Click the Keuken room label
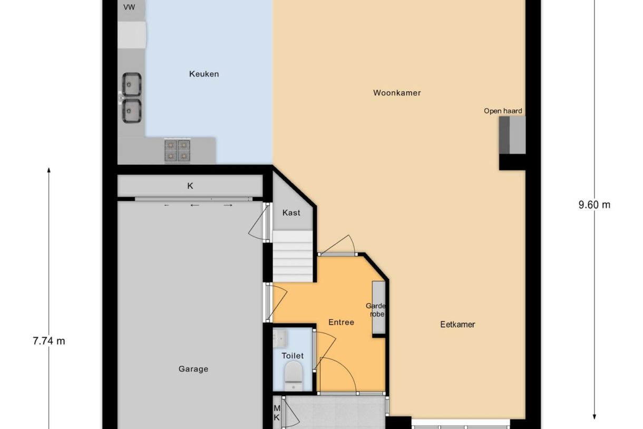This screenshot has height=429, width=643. [204, 74]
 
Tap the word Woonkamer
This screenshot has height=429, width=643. [397, 93]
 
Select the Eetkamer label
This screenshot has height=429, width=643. [457, 325]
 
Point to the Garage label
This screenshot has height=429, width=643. [193, 369]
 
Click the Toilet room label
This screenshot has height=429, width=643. [293, 356]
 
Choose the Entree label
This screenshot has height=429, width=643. [341, 322]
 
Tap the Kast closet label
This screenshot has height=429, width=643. [291, 213]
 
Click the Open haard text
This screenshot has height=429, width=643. [503, 111]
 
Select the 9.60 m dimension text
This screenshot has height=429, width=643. [594, 205]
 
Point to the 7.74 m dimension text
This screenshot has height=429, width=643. [49, 341]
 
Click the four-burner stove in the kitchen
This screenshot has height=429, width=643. [177, 151]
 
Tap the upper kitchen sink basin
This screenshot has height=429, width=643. [132, 84]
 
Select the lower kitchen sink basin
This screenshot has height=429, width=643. [132, 111]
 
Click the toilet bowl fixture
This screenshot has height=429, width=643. [294, 376]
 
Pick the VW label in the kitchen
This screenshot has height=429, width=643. [129, 7]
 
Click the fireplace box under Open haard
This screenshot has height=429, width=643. [512, 135]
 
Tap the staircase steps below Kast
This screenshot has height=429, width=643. [293, 256]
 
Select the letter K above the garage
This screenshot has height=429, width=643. [190, 186]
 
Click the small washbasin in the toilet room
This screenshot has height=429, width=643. [280, 338]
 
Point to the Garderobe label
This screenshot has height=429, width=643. [376, 310]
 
